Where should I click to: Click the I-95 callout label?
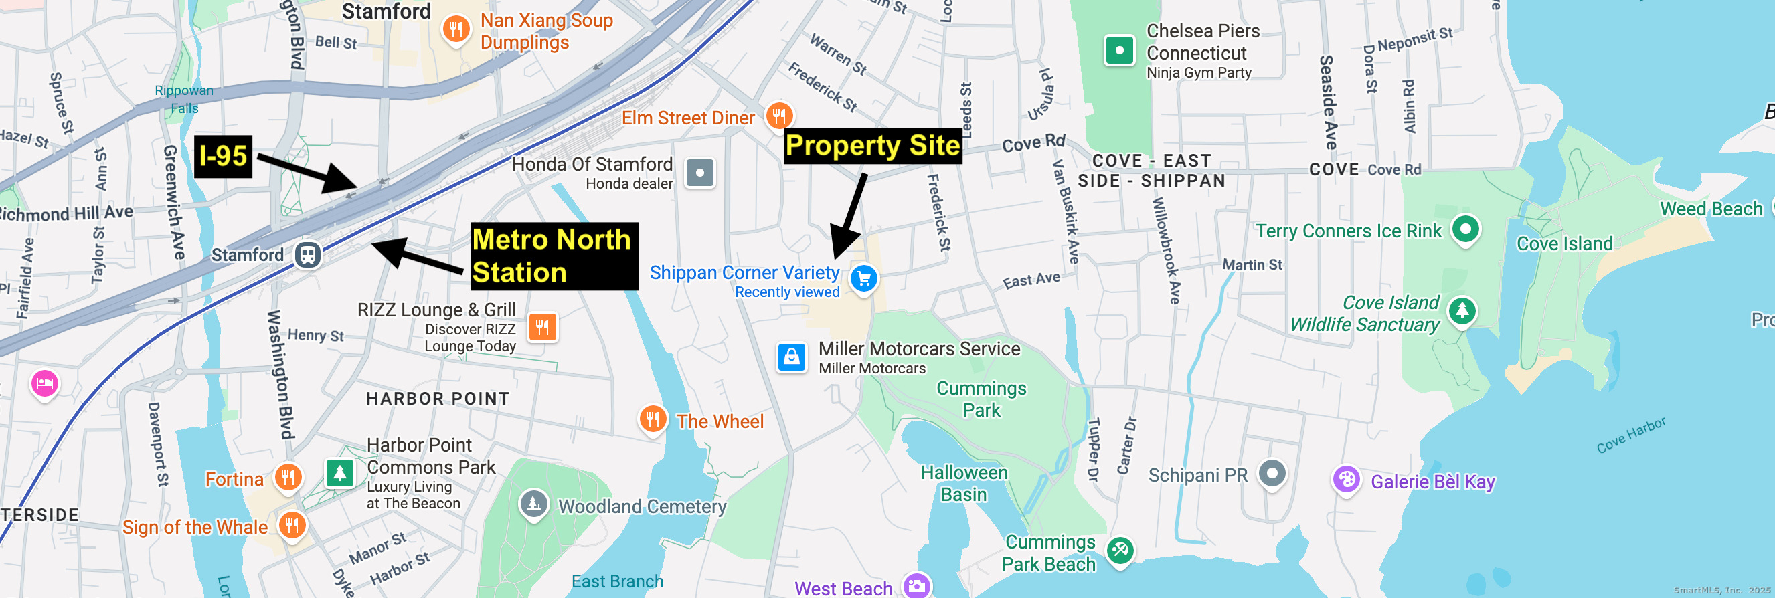[223, 157]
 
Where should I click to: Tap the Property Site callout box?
[872, 146]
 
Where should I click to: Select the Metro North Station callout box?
[554, 256]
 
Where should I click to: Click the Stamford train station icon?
[307, 255]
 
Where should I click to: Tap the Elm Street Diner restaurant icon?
[778, 116]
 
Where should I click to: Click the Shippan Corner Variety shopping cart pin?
[863, 279]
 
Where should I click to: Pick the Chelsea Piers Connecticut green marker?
[1119, 50]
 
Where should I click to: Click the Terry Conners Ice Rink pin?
[1465, 229]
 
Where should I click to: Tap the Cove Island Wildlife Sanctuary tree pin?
[1462, 311]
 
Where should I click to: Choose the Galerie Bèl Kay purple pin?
[1346, 480]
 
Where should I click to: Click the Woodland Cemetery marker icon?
[533, 504]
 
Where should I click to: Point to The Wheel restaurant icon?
[652, 418]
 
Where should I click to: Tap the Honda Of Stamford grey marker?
[699, 172]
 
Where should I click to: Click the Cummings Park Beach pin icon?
[1120, 550]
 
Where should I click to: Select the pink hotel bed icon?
[45, 383]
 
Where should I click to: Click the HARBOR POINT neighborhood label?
[438, 399]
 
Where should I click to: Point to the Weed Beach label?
[1711, 209]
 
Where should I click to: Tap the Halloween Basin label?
[964, 483]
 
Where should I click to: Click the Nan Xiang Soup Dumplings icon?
[456, 29]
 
